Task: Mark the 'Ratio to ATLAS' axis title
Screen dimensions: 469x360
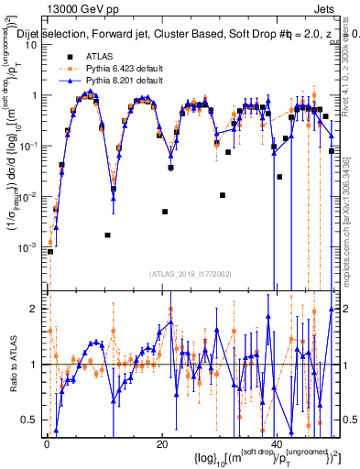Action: [x=12, y=365]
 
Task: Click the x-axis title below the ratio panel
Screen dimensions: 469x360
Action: [x=247, y=457]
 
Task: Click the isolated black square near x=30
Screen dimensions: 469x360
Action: [x=223, y=195]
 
